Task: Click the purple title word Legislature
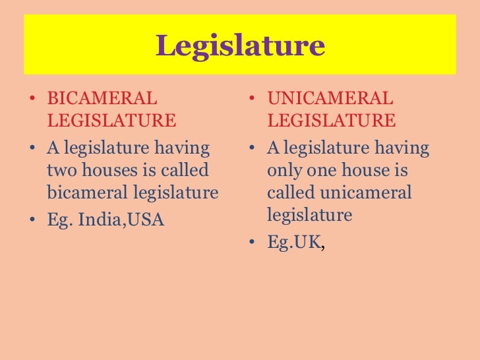240,46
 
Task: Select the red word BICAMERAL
102,100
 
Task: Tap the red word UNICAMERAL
330,100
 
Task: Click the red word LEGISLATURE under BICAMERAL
111,121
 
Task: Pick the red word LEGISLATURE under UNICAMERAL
332,121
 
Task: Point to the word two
61,171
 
